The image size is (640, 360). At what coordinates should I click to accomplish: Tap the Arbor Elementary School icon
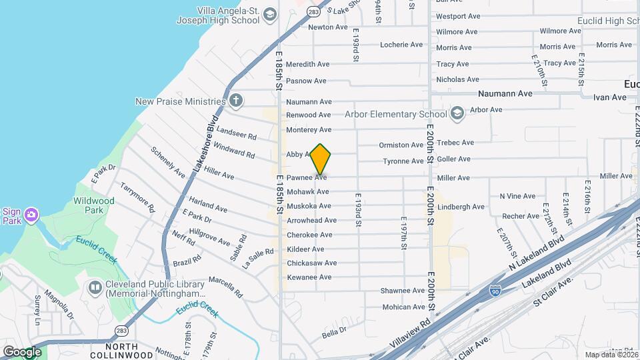click(x=457, y=114)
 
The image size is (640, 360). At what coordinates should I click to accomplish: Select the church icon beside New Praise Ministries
click(x=235, y=101)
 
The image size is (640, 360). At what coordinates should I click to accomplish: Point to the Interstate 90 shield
click(x=494, y=291)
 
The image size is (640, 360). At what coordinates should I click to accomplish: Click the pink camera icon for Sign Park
click(x=31, y=215)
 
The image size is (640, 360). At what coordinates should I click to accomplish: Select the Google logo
click(x=21, y=351)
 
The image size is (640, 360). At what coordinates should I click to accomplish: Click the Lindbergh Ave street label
click(x=461, y=207)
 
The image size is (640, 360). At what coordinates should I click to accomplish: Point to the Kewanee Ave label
click(x=309, y=277)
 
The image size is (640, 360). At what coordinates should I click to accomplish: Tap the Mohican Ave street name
click(x=403, y=307)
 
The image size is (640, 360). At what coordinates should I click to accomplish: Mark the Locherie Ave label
click(x=401, y=45)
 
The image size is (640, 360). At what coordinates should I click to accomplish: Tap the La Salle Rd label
click(x=258, y=255)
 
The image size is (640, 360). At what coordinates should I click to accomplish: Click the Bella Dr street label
click(x=334, y=331)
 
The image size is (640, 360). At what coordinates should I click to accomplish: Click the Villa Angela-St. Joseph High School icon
click(x=269, y=15)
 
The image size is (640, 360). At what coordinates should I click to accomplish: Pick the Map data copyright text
click(x=611, y=354)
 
